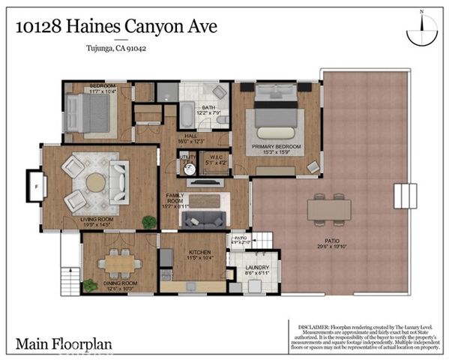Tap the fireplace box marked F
click(x=35, y=182)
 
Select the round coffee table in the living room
click(x=96, y=182)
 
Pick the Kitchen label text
click(x=199, y=253)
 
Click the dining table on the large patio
click(x=328, y=208)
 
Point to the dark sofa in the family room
click(x=205, y=219)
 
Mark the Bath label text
click(x=209, y=107)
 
